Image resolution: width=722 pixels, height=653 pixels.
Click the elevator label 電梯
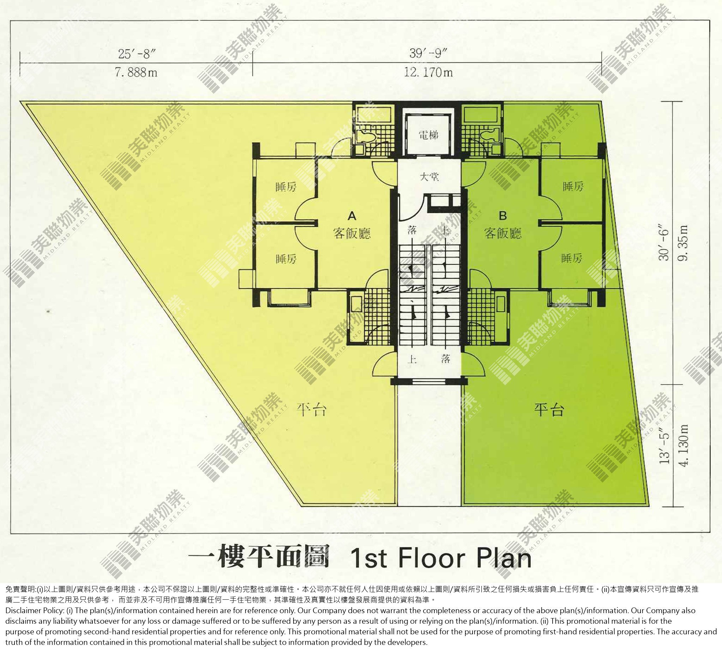click(429, 135)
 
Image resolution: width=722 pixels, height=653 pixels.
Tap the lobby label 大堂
click(429, 176)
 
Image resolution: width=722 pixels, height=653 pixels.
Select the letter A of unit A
click(352, 216)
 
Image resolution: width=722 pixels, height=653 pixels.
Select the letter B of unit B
click(503, 216)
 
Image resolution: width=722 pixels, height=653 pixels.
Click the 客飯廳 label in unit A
click(352, 233)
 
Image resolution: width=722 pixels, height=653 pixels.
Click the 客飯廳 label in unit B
click(503, 233)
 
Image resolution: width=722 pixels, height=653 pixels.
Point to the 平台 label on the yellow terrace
click(311, 409)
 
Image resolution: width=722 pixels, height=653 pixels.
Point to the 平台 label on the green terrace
click(549, 410)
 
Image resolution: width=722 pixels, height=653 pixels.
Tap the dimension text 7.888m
click(136, 73)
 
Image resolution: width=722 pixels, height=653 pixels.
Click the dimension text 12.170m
click(428, 73)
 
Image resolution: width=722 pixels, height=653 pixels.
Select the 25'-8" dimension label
click(137, 54)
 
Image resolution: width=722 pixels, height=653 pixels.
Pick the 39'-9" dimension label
click(429, 53)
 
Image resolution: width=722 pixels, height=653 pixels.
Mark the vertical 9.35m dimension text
click(683, 243)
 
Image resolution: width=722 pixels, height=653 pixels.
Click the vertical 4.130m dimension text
click(683, 445)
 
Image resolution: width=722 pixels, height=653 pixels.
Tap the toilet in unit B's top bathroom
click(489, 135)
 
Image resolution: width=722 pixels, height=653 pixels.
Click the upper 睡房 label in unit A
click(286, 187)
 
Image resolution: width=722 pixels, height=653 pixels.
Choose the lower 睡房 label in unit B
click(572, 258)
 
